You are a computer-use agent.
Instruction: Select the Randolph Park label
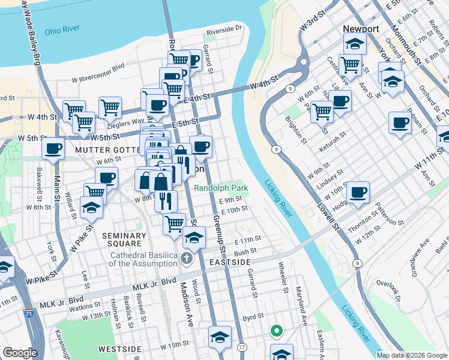pyautogui.click(x=220, y=187)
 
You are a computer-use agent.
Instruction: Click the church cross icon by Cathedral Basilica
pyautogui.click(x=187, y=259)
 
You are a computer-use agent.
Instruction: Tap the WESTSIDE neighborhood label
pyautogui.click(x=119, y=349)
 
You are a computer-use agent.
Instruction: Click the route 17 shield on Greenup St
pyautogui.click(x=242, y=347)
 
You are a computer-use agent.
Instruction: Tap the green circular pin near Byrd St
pyautogui.click(x=276, y=330)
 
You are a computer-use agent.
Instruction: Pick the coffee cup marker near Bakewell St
pyautogui.click(x=53, y=148)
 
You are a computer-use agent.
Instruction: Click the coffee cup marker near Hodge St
pyautogui.click(x=358, y=192)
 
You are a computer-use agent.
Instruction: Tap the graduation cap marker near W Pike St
pyautogui.click(x=92, y=208)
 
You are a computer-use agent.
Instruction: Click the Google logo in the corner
pyautogui.click(x=20, y=352)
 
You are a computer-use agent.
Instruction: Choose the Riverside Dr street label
pyautogui.click(x=223, y=28)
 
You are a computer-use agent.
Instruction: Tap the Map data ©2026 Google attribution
pyautogui.click(x=412, y=355)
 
